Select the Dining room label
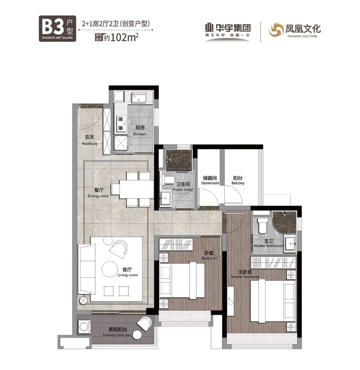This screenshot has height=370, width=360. (x=98, y=193)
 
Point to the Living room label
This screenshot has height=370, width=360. (x=128, y=272)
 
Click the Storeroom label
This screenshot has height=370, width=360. (x=210, y=180)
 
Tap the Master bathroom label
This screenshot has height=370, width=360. (x=268, y=243)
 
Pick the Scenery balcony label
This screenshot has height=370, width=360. (x=117, y=332)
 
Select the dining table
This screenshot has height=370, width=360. (x=132, y=189)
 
